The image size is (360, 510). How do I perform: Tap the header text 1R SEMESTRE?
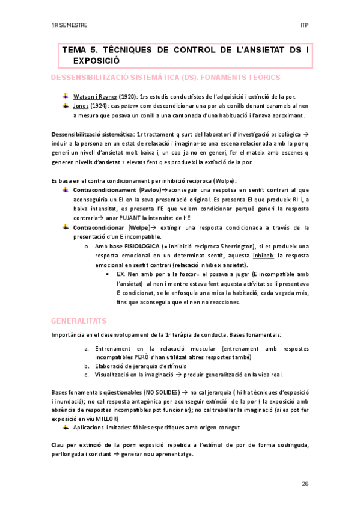click(69, 26)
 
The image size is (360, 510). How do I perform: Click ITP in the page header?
click(304, 26)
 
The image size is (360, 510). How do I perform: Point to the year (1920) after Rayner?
click(127, 96)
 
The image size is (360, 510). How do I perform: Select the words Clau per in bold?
click(64, 444)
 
